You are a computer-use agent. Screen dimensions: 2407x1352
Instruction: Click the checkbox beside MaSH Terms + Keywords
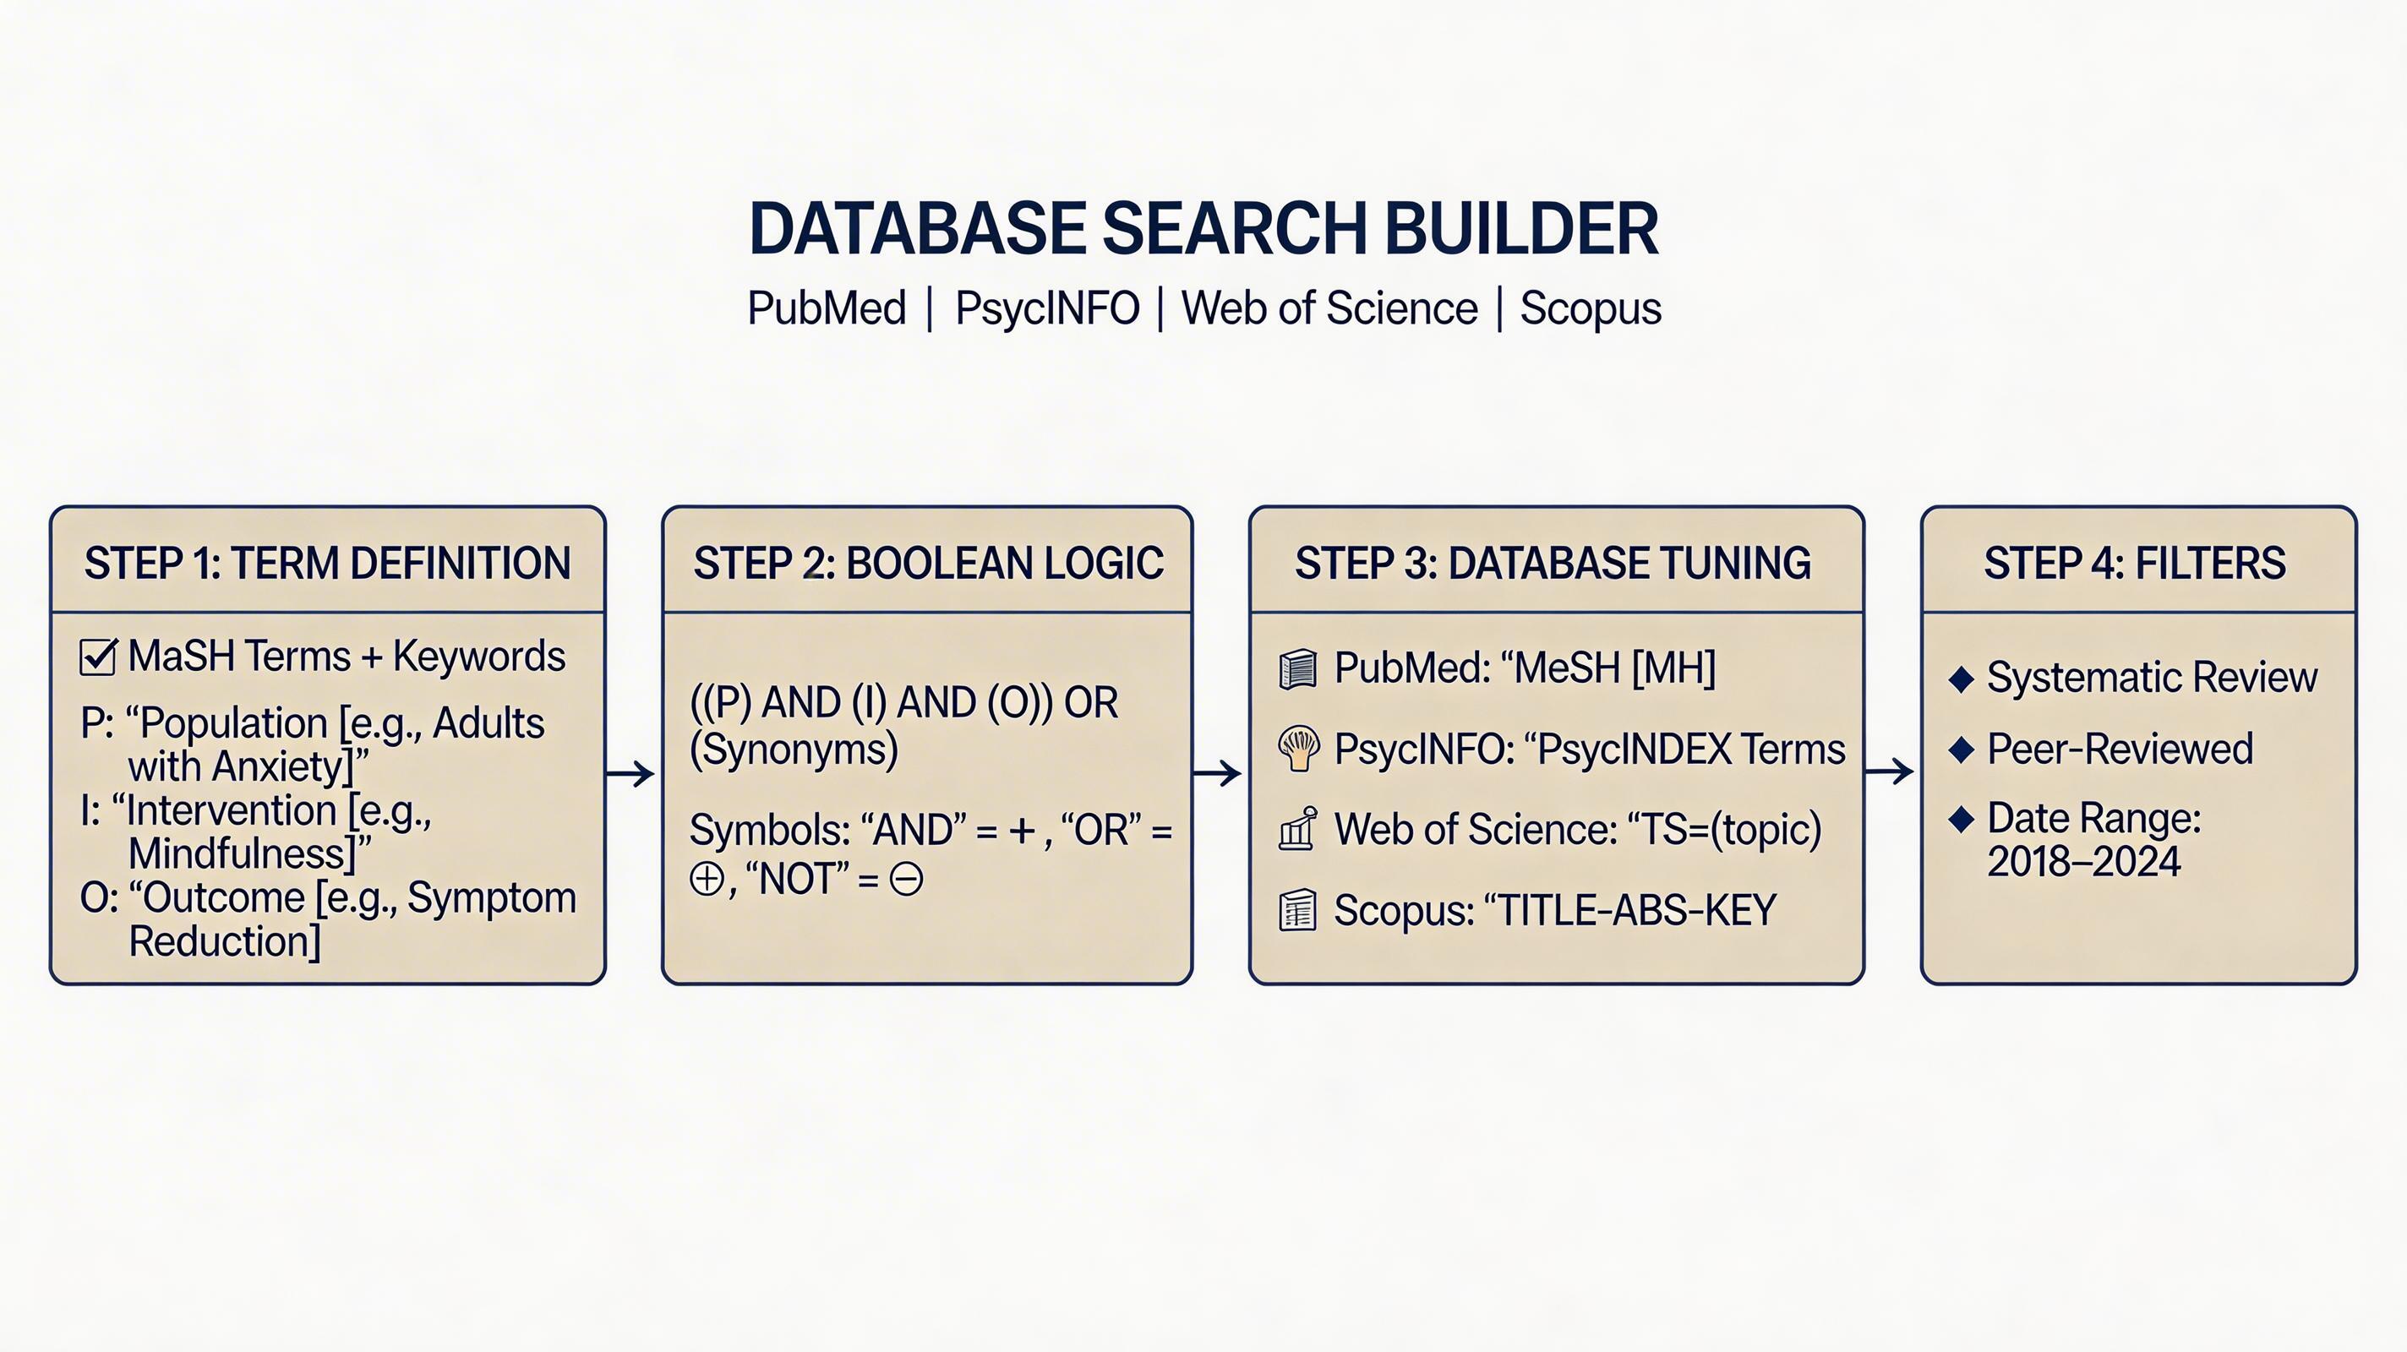pos(98,656)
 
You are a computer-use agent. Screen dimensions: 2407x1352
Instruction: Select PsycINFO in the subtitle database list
pos(1046,308)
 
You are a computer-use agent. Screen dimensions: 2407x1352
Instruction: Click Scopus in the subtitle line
pos(1591,309)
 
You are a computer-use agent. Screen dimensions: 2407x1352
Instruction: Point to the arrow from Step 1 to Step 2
pos(630,774)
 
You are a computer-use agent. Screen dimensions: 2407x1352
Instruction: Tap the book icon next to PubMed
pos(1298,669)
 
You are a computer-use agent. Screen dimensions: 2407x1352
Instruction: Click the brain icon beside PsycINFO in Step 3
pos(1299,749)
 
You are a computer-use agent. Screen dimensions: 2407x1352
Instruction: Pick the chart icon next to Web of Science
pos(1298,829)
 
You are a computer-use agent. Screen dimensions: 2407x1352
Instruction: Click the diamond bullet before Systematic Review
pos(1962,679)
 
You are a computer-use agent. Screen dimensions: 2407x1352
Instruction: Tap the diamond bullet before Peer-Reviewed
pos(1962,750)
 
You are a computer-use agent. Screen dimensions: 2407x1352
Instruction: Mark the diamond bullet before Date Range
pos(1962,820)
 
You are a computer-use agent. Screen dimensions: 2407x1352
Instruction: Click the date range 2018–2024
pos(2083,861)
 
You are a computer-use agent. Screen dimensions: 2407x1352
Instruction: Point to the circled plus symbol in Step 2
pos(707,879)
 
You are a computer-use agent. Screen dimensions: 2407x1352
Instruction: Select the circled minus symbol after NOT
pos(905,879)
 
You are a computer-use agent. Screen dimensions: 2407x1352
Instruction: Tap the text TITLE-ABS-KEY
pos(1637,910)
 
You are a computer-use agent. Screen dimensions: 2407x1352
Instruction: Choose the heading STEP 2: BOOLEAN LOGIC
pos(928,564)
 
